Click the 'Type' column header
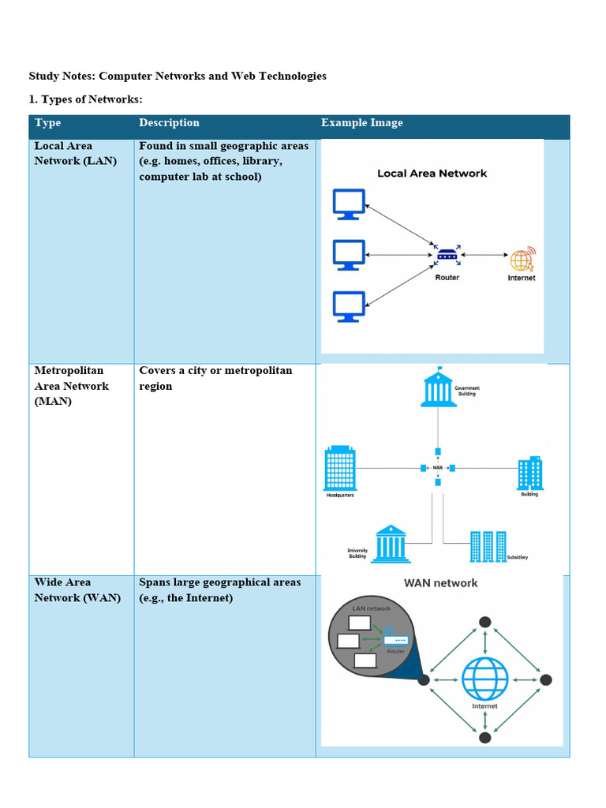47,123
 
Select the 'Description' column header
169,123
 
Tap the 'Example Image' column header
361,123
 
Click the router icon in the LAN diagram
447,255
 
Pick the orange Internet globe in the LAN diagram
521,260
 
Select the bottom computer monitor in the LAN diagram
349,306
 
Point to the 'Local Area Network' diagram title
432,174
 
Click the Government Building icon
438,387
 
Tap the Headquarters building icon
340,468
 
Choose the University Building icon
391,544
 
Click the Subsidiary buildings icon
488,546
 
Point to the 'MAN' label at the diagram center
438,467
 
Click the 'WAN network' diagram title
440,583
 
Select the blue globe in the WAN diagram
484,679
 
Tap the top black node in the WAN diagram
485,621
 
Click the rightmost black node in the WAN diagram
545,679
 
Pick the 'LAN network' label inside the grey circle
371,608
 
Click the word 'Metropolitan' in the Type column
69,370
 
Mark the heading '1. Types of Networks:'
85,99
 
